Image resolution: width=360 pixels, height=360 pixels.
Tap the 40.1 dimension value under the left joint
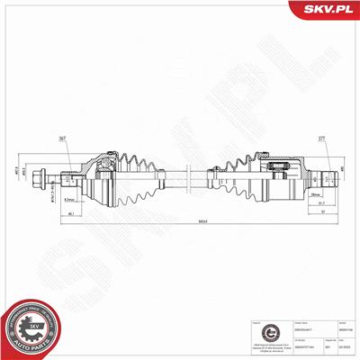pos(70,213)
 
